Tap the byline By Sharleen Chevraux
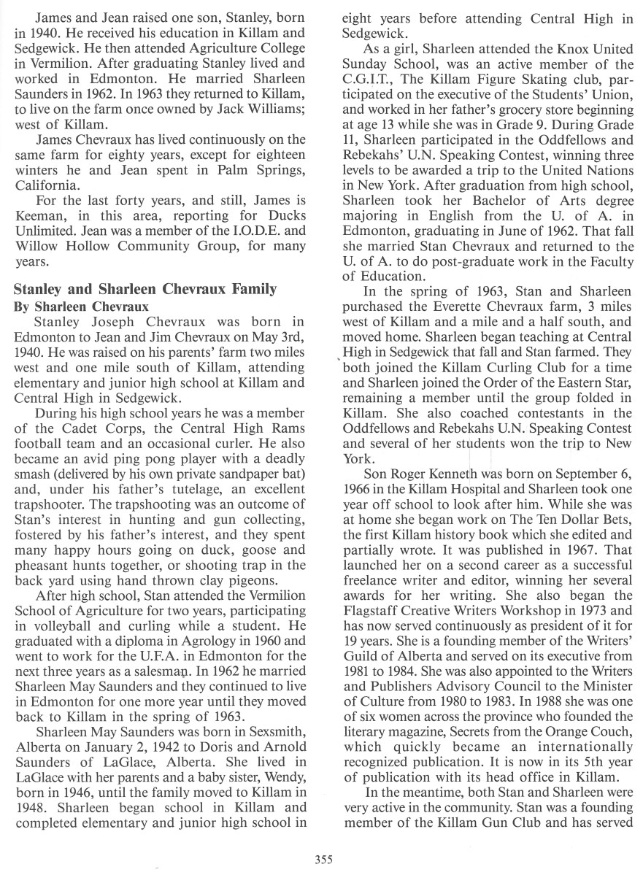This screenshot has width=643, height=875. click(x=81, y=307)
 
